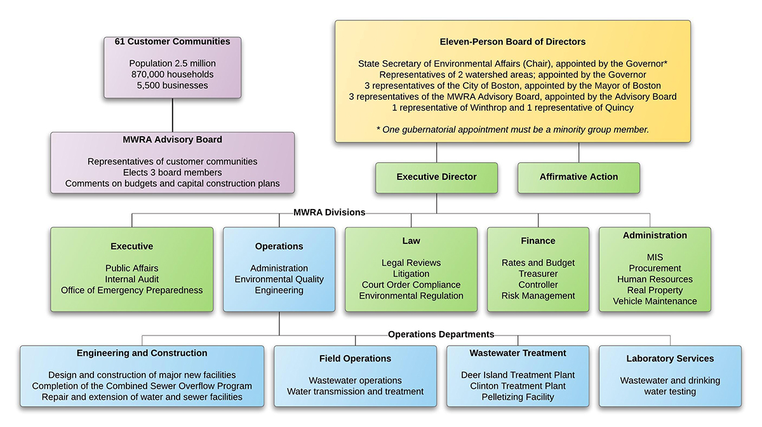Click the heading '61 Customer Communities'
tap(172, 42)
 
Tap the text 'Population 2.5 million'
tap(172, 64)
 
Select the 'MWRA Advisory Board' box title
tap(172, 140)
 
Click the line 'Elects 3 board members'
tap(172, 173)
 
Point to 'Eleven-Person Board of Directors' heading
tap(512, 42)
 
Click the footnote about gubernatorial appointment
tap(512, 130)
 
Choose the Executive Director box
tap(436, 177)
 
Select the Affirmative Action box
tap(578, 177)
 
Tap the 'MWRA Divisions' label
tap(329, 212)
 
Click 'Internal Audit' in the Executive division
tap(132, 279)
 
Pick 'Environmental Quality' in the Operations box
tap(279, 279)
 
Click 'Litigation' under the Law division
tap(411, 274)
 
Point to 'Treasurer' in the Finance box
tap(538, 274)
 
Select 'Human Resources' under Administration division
tap(655, 279)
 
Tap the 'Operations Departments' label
tap(441, 334)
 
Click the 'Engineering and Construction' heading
tap(142, 353)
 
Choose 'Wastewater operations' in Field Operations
tap(355, 381)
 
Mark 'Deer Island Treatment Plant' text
tap(518, 375)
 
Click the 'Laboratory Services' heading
tap(670, 359)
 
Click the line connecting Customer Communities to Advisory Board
tap(173, 115)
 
